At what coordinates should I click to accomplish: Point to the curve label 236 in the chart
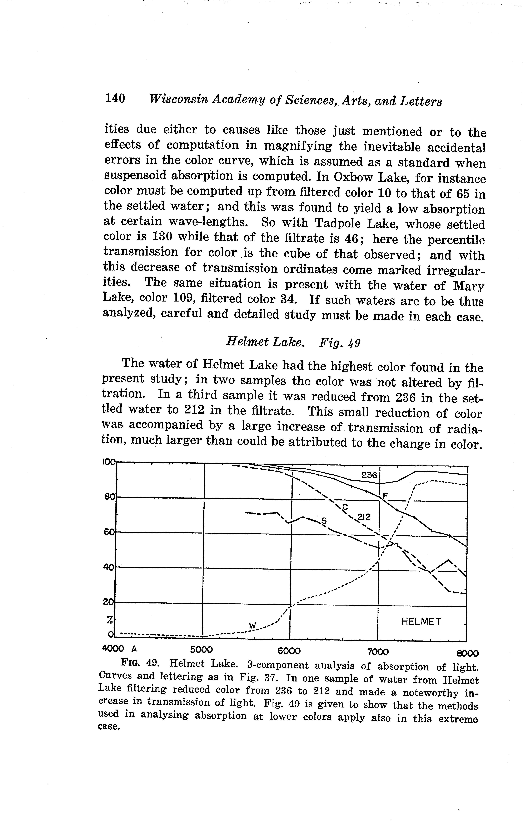coord(369,475)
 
